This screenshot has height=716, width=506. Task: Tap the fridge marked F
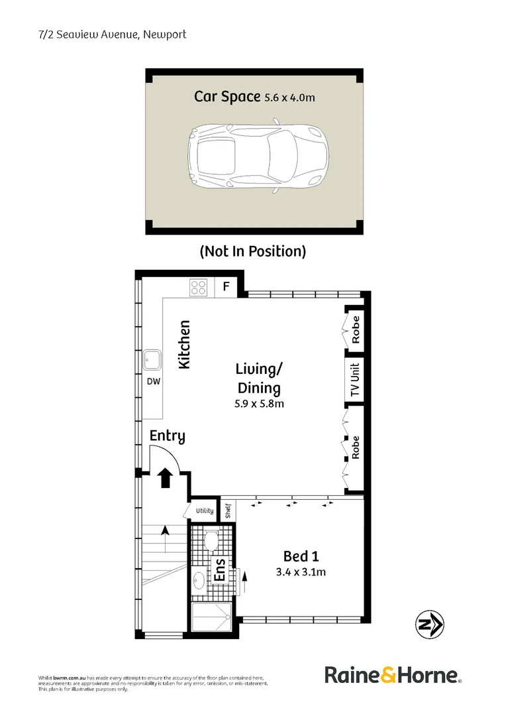pos(226,287)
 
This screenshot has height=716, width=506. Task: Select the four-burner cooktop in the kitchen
pos(199,287)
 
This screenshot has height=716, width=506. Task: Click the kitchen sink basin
pos(152,360)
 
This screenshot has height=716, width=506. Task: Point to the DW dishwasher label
pos(154,381)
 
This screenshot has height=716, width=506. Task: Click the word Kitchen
pos(184,344)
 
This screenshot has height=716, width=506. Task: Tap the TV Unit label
pos(355,380)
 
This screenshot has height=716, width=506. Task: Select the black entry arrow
pos(165,477)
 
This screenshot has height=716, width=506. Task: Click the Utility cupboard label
pos(205,510)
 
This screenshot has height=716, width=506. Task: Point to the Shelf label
pos(228,510)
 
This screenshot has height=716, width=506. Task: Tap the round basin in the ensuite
pos(199,581)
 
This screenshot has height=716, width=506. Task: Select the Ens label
pos(220,570)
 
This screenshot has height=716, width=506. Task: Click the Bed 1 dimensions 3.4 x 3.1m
pos(301,571)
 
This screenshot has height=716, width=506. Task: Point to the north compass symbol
pos(429,625)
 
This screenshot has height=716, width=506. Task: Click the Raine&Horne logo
pos(393,675)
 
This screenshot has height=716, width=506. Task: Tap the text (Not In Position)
pos(253,251)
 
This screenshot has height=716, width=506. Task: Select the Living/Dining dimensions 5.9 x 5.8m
pos(259,404)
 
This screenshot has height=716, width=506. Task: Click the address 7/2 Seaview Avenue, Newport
pos(113,34)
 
